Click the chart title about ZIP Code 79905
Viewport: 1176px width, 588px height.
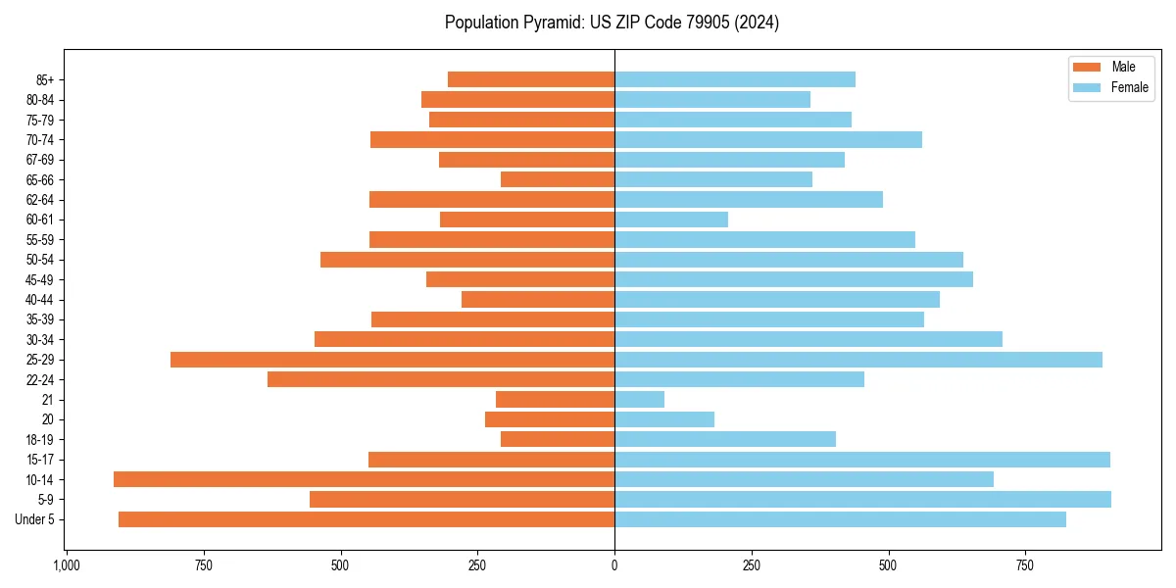point(612,23)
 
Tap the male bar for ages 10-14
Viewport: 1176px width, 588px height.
point(364,479)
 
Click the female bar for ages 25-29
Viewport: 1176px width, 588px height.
point(857,360)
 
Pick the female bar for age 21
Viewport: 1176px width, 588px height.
point(639,400)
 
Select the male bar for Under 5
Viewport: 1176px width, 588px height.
point(367,519)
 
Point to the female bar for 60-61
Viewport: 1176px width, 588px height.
point(671,220)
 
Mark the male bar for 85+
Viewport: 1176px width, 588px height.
point(531,79)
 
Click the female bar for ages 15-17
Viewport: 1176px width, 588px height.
point(861,460)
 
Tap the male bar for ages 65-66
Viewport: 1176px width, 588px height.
point(558,179)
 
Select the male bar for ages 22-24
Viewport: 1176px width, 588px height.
point(441,379)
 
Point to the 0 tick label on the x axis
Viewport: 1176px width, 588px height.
point(614,565)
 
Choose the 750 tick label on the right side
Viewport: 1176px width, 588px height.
point(1025,565)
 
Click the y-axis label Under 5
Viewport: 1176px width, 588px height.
point(35,519)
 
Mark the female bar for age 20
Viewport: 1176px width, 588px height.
point(664,419)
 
